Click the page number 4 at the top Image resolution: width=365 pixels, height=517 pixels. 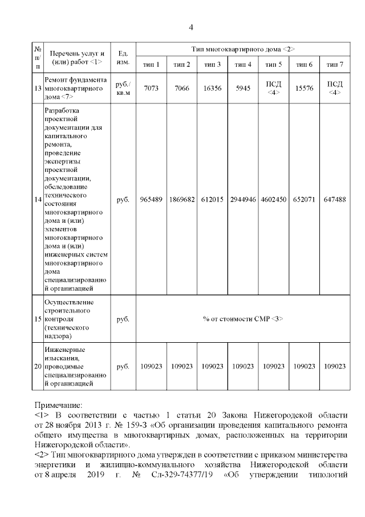click(191, 27)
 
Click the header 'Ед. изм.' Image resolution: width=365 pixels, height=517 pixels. click(122, 57)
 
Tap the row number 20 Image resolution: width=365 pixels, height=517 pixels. click(37, 366)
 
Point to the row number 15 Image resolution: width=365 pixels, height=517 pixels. click(37, 318)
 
